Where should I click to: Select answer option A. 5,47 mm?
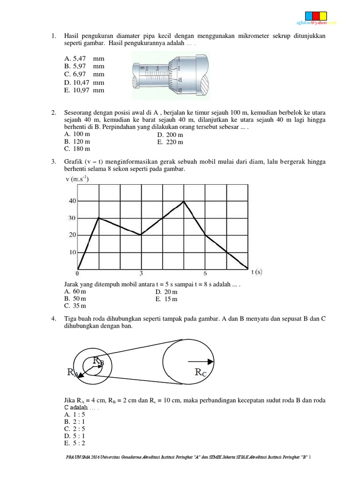(84, 59)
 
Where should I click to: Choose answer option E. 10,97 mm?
(84, 90)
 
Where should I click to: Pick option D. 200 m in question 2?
(170, 135)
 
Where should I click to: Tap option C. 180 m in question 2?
(77, 149)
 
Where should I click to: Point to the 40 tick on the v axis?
(73, 201)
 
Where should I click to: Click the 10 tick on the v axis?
(73, 252)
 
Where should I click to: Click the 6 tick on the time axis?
(205, 274)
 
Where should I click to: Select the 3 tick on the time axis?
(141, 274)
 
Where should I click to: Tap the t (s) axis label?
(257, 271)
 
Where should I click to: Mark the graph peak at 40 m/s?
(184, 201)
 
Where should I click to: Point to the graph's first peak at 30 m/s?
(98, 218)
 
